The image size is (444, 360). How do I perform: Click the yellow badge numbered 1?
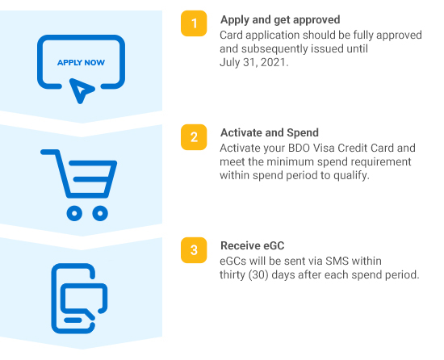click(194, 23)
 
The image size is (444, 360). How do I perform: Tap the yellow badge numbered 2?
click(194, 137)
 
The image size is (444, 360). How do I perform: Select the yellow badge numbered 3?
click(194, 250)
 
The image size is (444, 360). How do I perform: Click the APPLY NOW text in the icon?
click(81, 62)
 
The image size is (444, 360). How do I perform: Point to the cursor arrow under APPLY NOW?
click(80, 90)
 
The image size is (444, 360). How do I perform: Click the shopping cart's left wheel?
click(74, 213)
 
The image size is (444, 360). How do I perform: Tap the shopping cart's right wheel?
click(100, 213)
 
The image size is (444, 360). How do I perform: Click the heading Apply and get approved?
click(280, 20)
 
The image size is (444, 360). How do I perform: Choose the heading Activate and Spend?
click(270, 132)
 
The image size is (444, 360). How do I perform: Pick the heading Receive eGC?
click(253, 245)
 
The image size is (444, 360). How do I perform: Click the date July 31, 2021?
click(254, 62)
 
